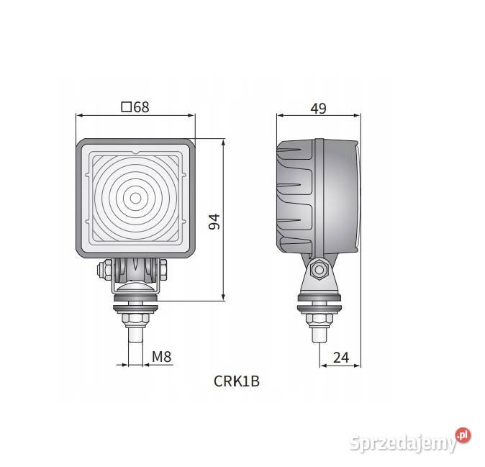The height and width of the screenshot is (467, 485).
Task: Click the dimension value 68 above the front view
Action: point(141,107)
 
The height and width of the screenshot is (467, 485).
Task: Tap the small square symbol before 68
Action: point(127,107)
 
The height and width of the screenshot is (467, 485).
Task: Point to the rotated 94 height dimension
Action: point(214,221)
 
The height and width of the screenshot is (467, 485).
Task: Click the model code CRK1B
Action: point(236,381)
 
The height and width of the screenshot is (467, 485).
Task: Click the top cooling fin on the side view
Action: point(291,152)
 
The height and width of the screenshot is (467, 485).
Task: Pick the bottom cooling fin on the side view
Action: point(291,220)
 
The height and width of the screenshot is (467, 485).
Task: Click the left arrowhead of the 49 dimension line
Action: point(281,114)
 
